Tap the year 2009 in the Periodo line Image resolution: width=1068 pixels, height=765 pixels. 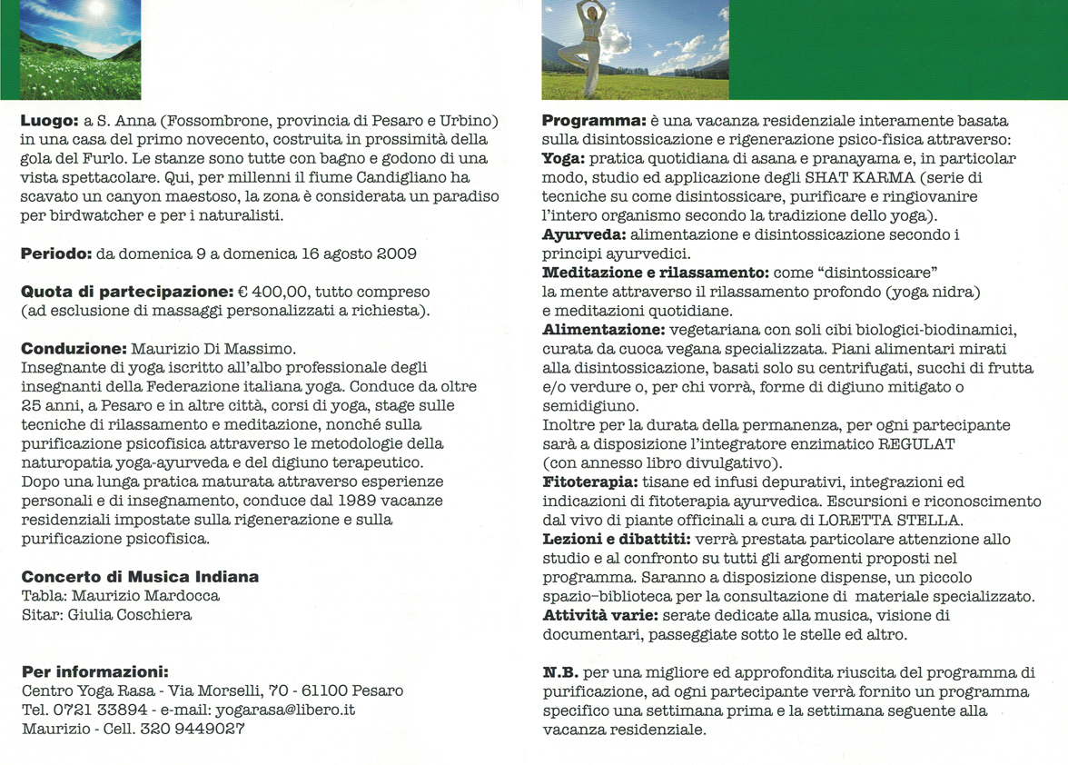coord(397,253)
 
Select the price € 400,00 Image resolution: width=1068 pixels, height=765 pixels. coord(270,293)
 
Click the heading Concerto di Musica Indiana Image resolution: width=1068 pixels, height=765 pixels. coord(140,577)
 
